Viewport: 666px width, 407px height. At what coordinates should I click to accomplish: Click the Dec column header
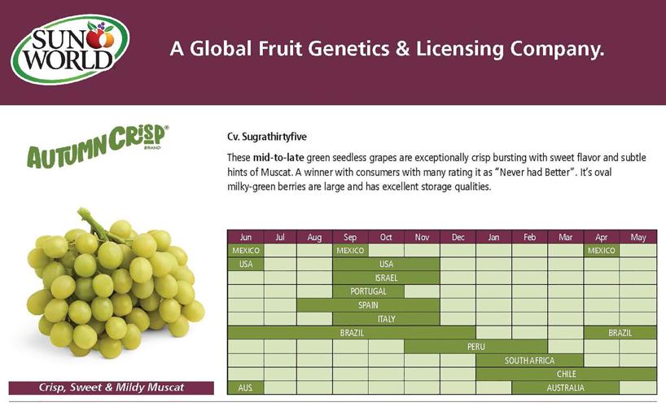[x=458, y=237]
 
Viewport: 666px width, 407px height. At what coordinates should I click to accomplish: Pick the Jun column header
[x=245, y=237]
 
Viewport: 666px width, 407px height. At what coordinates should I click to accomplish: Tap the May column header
[x=638, y=237]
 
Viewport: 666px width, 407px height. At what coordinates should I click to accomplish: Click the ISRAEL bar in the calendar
[x=386, y=278]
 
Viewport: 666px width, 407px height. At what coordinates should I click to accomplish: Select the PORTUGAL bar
[x=368, y=291]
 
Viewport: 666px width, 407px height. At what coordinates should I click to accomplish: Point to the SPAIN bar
[x=368, y=305]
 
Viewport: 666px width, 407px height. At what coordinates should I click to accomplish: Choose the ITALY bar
[x=386, y=319]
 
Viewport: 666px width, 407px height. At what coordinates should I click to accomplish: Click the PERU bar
[x=475, y=346]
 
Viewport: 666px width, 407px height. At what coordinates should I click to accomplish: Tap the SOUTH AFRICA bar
[x=529, y=360]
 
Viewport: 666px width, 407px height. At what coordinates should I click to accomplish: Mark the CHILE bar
[x=566, y=374]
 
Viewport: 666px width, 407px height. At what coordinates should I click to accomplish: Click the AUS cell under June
[x=245, y=387]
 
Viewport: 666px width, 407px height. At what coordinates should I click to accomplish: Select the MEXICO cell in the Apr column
[x=602, y=251]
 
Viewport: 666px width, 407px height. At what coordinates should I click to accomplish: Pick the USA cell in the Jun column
[x=245, y=264]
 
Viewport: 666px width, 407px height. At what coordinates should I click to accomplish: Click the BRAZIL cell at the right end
[x=620, y=333]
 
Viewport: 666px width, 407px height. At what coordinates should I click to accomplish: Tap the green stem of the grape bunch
[x=91, y=221]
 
